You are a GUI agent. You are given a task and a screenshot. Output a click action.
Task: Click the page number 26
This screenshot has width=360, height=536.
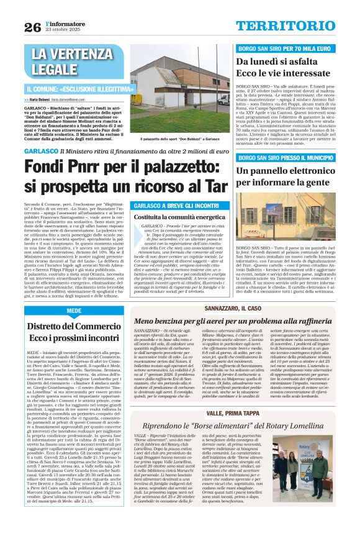pyautogui.click(x=32, y=27)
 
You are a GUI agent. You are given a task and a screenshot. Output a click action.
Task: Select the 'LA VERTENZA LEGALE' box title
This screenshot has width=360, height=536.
pyautogui.click(x=67, y=61)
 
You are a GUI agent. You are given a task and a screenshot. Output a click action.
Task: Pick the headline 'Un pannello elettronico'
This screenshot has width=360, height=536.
pyautogui.click(x=289, y=171)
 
